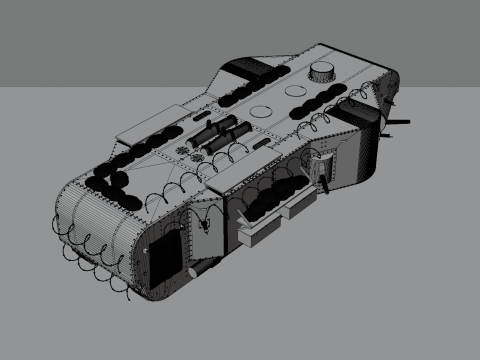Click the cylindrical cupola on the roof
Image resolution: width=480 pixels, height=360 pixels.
coord(321,71)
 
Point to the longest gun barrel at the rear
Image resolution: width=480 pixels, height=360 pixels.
coord(400,123)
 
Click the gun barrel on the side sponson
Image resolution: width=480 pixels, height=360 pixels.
coord(323,177)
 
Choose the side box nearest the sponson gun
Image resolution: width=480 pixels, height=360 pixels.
coord(301,206)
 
